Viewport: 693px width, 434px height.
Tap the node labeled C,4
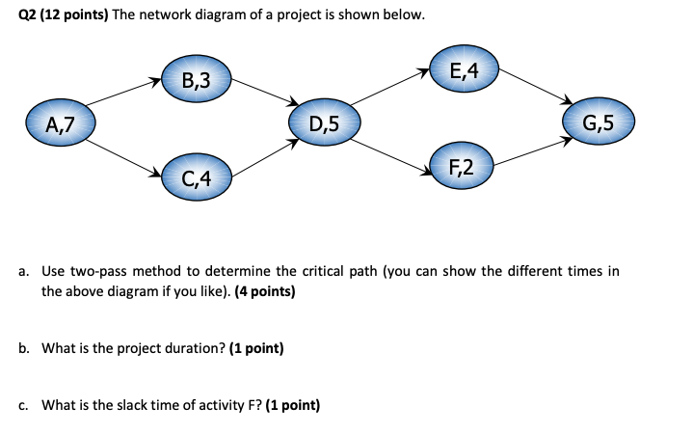[x=195, y=176]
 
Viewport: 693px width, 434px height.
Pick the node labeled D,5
[x=325, y=122]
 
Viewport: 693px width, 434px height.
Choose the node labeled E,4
[x=462, y=68]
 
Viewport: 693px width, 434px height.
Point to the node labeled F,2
[x=461, y=167]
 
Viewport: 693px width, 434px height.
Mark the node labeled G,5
[x=597, y=122]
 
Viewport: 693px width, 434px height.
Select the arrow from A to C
[x=122, y=154]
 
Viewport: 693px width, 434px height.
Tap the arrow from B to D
[x=262, y=93]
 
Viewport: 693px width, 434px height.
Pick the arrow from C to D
[x=262, y=157]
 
